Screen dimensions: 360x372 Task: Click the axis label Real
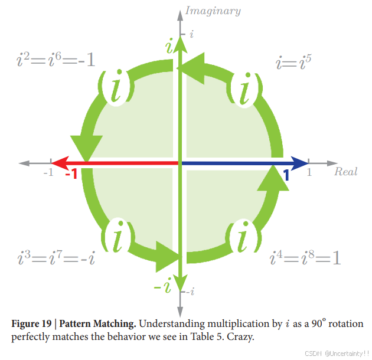coord(345,172)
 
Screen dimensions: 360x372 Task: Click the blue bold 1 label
coord(286,175)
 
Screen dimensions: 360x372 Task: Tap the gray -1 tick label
coord(48,173)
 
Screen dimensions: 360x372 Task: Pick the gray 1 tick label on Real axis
coord(308,173)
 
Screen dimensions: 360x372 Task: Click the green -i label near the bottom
coord(163,287)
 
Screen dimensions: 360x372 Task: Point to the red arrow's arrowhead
coord(57,162)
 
